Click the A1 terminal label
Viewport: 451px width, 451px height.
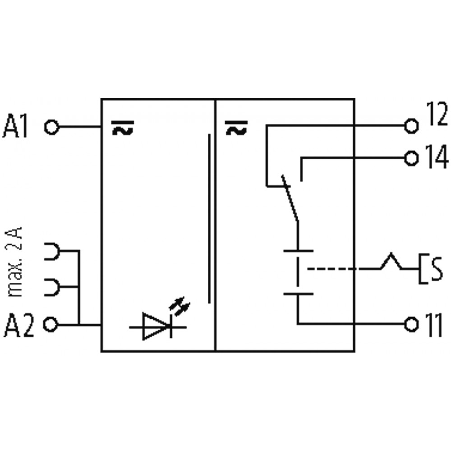(x=15, y=127)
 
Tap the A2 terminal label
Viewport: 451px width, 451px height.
(x=18, y=325)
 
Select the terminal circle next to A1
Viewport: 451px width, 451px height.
(x=52, y=127)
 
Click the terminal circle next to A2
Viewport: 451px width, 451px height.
(x=51, y=325)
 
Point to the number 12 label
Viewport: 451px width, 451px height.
(x=437, y=114)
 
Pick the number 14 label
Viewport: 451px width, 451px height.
(x=437, y=156)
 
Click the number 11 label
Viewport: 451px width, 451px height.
(x=434, y=325)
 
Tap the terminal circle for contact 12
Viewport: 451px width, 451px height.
(x=411, y=126)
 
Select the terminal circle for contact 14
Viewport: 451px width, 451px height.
(x=411, y=158)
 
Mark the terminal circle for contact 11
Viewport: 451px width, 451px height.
(x=411, y=325)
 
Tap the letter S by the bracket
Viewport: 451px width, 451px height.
(x=437, y=269)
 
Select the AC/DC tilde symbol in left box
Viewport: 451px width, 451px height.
(x=123, y=128)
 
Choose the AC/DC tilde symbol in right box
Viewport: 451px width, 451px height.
(x=236, y=128)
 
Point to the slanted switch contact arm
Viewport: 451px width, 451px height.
(x=290, y=198)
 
